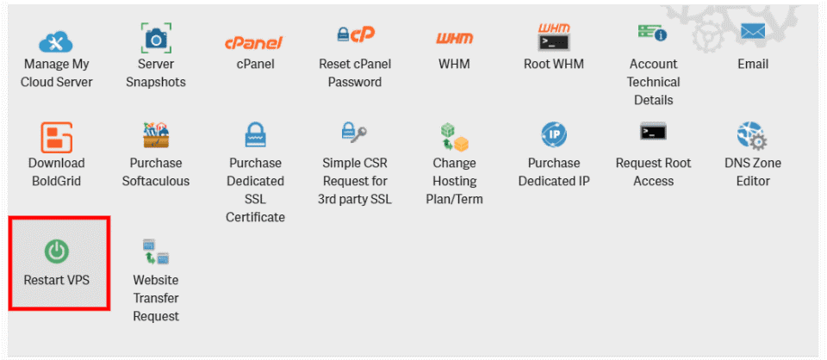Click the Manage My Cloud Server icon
tap(57, 40)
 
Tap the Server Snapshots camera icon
tap(156, 39)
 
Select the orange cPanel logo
tap(254, 41)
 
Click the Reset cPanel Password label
tap(354, 73)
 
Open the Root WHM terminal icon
tap(554, 37)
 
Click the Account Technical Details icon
tap(652, 34)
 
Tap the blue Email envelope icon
tap(753, 34)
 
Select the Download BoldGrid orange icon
tap(57, 136)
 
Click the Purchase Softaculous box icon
tap(156, 134)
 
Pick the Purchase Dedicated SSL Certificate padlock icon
tap(256, 134)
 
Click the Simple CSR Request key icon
tap(354, 133)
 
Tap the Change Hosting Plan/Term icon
tap(454, 137)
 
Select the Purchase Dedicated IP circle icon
tap(554, 134)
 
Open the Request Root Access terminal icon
tap(653, 133)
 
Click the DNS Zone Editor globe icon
tap(753, 135)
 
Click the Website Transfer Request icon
tap(156, 251)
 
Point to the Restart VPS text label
tap(57, 280)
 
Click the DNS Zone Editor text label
tap(753, 172)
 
